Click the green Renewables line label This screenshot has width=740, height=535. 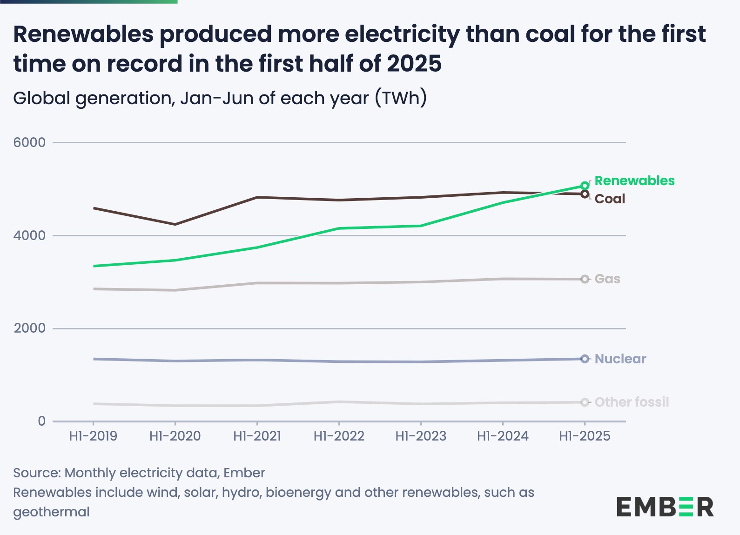[634, 181]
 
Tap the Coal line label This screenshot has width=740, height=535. [610, 199]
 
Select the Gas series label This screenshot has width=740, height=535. [607, 279]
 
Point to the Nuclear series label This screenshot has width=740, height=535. [620, 359]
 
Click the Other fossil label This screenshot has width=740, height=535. [632, 402]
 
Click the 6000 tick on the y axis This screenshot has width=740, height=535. [29, 142]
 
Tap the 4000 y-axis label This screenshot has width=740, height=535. [29, 235]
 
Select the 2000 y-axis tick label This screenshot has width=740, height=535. [29, 328]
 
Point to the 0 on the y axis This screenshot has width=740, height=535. [42, 421]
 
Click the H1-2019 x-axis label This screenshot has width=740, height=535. [93, 436]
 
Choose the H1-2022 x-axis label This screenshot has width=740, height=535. [339, 436]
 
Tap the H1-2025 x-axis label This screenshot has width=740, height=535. [585, 436]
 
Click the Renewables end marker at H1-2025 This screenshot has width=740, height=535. [585, 186]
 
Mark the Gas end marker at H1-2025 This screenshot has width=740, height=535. [585, 279]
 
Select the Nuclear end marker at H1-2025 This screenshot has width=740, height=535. [585, 359]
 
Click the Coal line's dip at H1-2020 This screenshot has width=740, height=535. [175, 224]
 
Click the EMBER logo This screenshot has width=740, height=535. [665, 507]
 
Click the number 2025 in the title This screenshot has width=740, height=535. [414, 63]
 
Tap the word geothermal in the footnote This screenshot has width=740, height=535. [51, 512]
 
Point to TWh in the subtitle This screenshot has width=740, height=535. [402, 98]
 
